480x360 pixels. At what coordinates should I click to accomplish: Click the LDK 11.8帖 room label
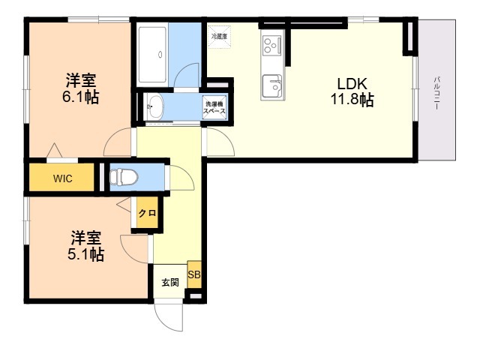(352, 91)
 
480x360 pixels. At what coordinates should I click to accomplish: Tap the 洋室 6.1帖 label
(81, 88)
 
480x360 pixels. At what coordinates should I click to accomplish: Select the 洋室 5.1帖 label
(85, 246)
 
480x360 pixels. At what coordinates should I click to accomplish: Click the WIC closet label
(63, 178)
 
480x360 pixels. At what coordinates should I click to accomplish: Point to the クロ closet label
(148, 213)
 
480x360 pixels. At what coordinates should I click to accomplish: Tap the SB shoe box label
(194, 274)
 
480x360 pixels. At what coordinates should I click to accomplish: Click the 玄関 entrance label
(170, 282)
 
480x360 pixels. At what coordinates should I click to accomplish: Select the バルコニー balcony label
(436, 93)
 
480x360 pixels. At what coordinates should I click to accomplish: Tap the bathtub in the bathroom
(152, 55)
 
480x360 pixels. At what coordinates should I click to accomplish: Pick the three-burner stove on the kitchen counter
(271, 45)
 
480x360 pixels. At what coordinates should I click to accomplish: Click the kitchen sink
(272, 85)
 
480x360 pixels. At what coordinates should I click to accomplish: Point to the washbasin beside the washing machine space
(154, 106)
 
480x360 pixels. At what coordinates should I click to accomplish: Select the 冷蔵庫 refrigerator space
(220, 37)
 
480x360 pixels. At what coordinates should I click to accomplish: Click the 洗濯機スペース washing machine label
(214, 107)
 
